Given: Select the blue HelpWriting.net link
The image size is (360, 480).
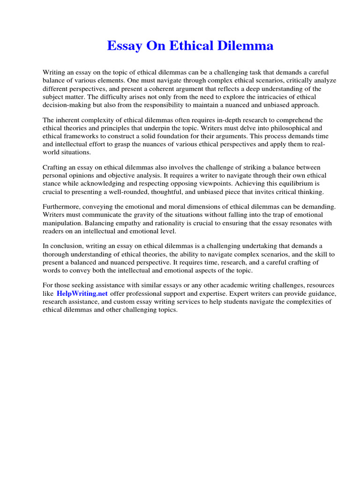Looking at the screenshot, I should (x=82, y=293).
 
